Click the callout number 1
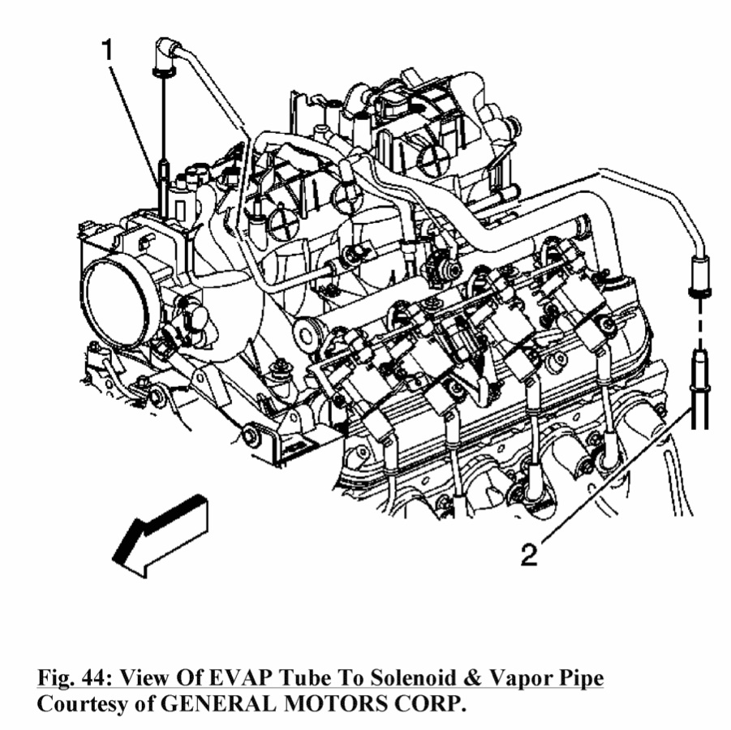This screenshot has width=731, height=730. [x=107, y=52]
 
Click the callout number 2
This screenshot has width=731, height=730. [x=528, y=555]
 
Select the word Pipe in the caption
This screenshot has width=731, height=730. [x=580, y=678]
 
